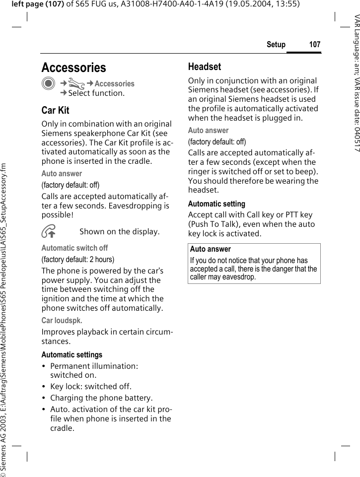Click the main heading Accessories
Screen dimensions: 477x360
click(73, 68)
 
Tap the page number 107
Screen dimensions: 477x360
click(314, 45)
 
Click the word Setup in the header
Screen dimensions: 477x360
click(276, 45)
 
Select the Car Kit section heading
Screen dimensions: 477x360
click(55, 110)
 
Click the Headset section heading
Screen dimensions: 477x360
click(204, 67)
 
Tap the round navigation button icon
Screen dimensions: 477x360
click(48, 84)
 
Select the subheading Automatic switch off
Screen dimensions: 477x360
click(74, 248)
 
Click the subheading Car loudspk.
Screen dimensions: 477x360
click(62, 320)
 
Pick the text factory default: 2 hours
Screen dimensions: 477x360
click(77, 259)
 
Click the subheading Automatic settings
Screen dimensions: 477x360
click(72, 354)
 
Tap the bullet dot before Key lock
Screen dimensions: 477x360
click(45, 387)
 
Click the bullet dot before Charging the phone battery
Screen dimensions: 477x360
click(45, 398)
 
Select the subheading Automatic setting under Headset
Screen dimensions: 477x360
click(216, 204)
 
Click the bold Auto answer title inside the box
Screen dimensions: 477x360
click(210, 249)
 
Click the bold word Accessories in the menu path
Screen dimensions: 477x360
click(114, 84)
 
